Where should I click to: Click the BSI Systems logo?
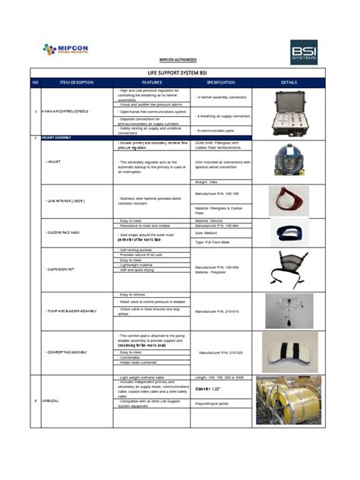[304, 52]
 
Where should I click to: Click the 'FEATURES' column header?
[152, 81]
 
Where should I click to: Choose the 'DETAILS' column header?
[289, 81]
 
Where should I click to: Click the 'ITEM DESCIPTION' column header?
[75, 81]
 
